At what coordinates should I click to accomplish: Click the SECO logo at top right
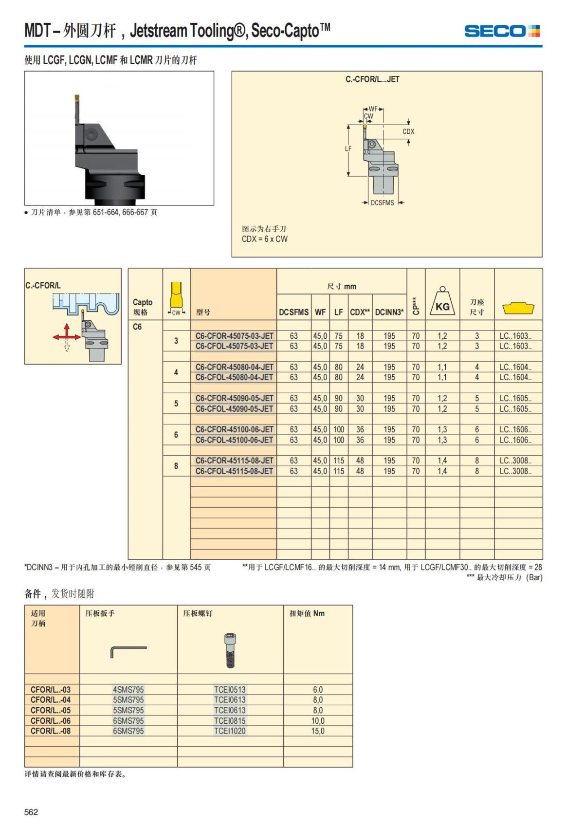[502, 31]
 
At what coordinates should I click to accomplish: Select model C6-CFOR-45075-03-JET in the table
[235, 336]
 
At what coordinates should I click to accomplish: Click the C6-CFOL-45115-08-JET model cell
[235, 471]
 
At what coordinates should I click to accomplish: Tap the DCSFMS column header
[293, 312]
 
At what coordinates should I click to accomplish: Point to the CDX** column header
[360, 312]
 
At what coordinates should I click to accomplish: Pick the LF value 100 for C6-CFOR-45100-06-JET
[338, 430]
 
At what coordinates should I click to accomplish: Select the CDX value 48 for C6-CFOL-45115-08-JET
[360, 471]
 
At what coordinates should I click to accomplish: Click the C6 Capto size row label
[137, 327]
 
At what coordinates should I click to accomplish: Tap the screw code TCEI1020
[230, 731]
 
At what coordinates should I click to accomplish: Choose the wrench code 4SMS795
[128, 690]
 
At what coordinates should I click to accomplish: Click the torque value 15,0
[318, 731]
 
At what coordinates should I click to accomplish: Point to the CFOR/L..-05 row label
[51, 710]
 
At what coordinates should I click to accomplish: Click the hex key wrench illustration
[128, 652]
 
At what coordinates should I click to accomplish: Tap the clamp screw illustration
[230, 650]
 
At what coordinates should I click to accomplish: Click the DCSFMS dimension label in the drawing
[383, 203]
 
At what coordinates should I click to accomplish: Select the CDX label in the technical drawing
[408, 131]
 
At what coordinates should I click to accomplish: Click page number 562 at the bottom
[31, 812]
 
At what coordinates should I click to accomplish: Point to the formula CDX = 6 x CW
[264, 239]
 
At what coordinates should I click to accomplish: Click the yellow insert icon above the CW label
[176, 294]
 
